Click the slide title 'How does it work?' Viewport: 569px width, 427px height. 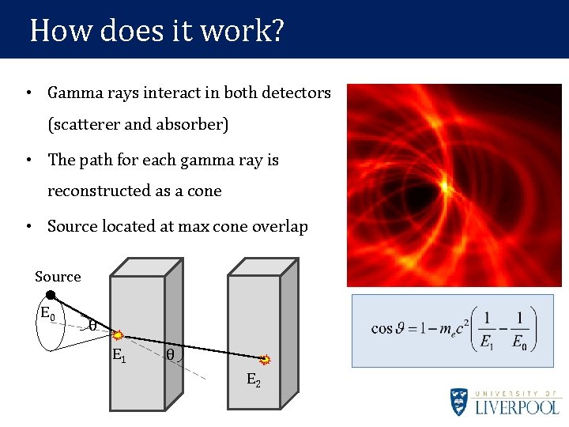coord(156,31)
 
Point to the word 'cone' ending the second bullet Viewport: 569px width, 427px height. coord(204,191)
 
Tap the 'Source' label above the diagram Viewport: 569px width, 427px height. coord(58,277)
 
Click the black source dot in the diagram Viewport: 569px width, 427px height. coord(50,295)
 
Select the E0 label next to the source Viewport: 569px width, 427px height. coord(47,312)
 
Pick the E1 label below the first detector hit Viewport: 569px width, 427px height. coord(119,355)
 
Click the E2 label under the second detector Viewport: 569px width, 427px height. coord(253,380)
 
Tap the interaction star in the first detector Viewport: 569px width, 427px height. coord(116,335)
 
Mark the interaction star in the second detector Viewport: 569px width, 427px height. coord(266,360)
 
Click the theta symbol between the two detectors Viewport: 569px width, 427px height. coord(170,355)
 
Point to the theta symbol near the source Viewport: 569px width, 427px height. coord(92,325)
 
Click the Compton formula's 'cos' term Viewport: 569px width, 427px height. coord(382,328)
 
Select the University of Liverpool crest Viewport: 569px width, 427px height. coord(460,402)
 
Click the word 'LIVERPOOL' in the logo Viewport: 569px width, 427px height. coord(517,407)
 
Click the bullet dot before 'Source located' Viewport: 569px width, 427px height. coord(28,226)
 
